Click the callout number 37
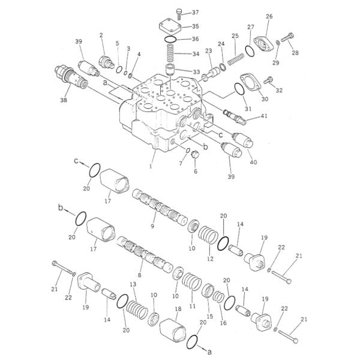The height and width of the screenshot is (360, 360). [196, 13]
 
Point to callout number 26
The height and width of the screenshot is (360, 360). [269, 16]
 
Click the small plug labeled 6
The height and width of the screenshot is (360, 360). [194, 157]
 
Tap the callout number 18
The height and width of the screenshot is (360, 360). [178, 309]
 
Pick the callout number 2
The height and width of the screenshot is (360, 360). [101, 35]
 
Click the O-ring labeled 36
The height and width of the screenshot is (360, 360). [170, 40]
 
